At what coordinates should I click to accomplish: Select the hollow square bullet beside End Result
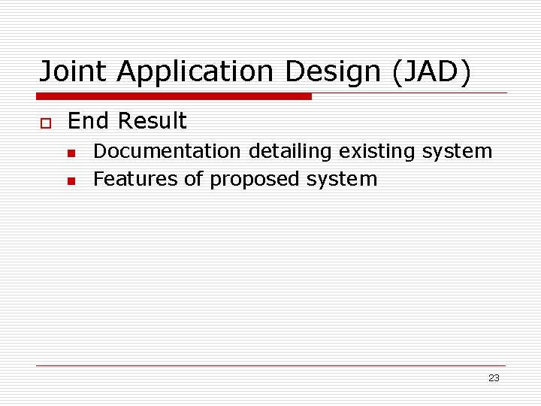pos(44,122)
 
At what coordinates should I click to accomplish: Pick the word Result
pos(152,121)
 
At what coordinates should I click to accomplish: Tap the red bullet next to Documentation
pos(71,153)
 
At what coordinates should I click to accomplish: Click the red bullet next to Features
pos(71,180)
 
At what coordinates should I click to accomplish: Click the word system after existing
pos(457,151)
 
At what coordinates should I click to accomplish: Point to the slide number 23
pos(494,378)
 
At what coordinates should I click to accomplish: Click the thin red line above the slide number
pos(270,366)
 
